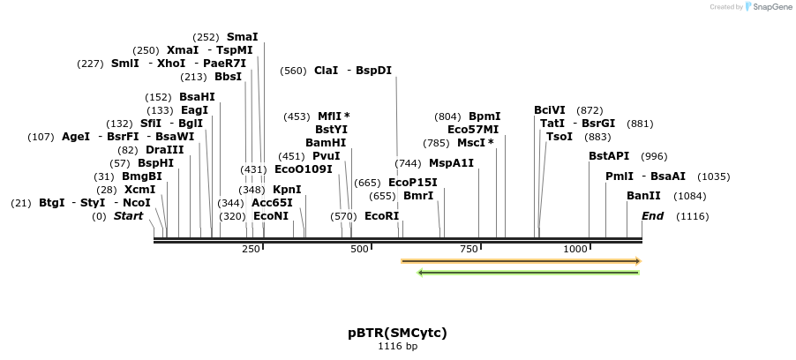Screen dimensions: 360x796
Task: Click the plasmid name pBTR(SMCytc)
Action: (397, 333)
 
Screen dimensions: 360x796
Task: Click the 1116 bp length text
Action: (397, 347)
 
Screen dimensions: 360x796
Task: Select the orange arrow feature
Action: (521, 261)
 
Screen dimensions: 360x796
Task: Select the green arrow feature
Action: (528, 273)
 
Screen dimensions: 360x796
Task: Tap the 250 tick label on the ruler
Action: (252, 250)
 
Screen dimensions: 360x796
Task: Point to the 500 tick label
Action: (360, 250)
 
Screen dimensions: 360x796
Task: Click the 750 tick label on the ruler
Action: (468, 250)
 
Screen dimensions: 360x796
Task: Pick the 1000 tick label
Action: (575, 250)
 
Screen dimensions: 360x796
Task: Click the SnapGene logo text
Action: (770, 7)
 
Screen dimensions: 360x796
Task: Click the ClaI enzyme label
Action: (326, 71)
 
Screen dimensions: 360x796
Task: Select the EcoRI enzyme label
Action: (381, 216)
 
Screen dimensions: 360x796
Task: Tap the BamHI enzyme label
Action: (326, 142)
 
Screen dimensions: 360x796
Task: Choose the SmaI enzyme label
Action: (243, 37)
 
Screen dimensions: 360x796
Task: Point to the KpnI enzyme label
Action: (287, 190)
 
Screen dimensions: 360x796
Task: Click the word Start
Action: (128, 216)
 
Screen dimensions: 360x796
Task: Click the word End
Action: (652, 216)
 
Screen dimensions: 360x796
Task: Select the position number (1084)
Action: (689, 196)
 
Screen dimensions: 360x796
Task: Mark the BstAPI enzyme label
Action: (609, 156)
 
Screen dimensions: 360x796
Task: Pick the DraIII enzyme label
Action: (165, 150)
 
